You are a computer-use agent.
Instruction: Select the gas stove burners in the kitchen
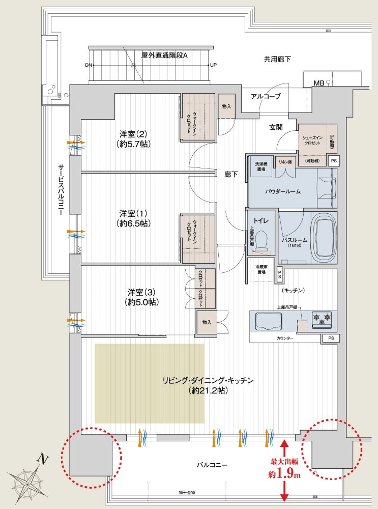click(322, 319)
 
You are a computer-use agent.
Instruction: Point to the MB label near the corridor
click(319, 82)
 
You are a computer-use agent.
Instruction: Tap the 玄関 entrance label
click(276, 127)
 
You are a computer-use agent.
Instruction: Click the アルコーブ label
click(265, 96)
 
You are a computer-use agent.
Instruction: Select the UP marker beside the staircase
click(213, 65)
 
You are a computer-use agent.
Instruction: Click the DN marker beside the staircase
click(89, 65)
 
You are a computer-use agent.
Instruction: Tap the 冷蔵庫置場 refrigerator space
click(260, 269)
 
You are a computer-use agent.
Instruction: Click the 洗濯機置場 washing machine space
click(261, 166)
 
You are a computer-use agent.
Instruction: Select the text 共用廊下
click(277, 59)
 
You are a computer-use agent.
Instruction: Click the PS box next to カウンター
click(331, 338)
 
